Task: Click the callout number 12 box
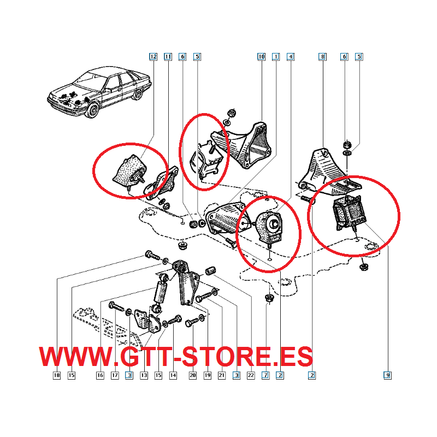[x=153, y=57]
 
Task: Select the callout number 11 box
[x=168, y=57]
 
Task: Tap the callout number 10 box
[x=261, y=57]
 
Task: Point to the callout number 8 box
[x=322, y=57]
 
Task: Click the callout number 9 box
[x=387, y=375]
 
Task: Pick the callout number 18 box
[x=57, y=375]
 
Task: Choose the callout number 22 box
[x=251, y=375]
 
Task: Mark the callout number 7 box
[x=265, y=375]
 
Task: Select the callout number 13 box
[x=144, y=375]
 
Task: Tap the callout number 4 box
[x=291, y=57]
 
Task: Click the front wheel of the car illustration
[x=93, y=110]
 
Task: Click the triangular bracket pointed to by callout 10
[x=241, y=145]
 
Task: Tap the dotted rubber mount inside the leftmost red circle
[x=129, y=170]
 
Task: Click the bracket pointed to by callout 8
[x=329, y=172]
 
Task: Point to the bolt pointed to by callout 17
[x=116, y=306]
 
